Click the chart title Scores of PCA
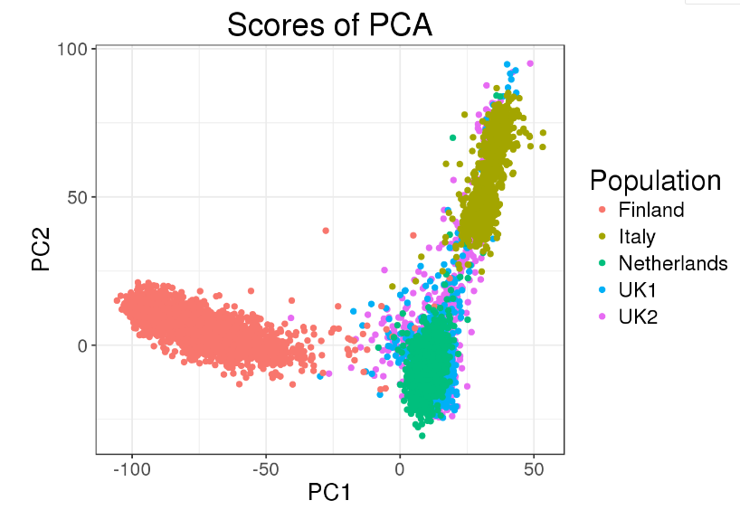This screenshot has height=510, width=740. coord(329,24)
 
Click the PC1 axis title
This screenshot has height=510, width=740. coord(329,493)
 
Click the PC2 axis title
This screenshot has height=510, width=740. coord(41,250)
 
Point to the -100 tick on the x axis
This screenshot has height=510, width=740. coord(132,470)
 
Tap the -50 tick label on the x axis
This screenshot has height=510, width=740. coord(266,470)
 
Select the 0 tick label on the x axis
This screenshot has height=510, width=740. coord(399,470)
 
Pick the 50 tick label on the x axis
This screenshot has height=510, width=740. coord(533,470)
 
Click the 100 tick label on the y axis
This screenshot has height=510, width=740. coord(74,49)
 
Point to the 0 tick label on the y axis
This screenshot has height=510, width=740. coord(83,345)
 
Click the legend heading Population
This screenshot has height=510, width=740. coord(655,180)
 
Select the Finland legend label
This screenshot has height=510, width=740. coord(651,210)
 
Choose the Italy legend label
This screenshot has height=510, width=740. coord(637,237)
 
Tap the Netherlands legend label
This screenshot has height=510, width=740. coord(673,263)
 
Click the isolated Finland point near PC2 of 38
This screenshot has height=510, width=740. coord(326,231)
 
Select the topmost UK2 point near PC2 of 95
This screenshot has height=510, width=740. coord(530,63)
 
